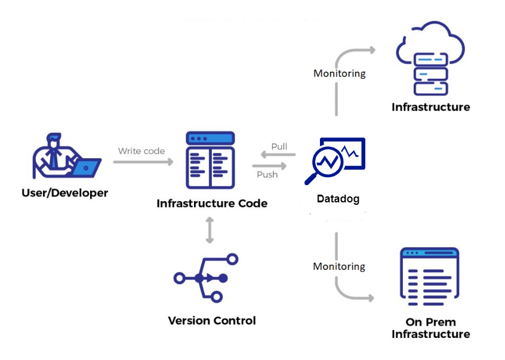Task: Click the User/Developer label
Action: (x=64, y=193)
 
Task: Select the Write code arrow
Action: (x=143, y=162)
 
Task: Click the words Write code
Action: (x=141, y=151)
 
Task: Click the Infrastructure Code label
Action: (x=212, y=204)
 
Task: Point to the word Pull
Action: (x=279, y=146)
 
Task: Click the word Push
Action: (x=267, y=174)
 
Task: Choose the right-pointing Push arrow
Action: (x=266, y=165)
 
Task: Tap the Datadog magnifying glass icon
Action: (x=326, y=163)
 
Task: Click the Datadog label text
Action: (x=338, y=199)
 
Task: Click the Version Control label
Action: (x=212, y=321)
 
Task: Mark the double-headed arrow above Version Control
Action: (x=210, y=230)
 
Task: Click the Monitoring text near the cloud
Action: (x=340, y=73)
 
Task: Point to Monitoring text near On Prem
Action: (x=339, y=266)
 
